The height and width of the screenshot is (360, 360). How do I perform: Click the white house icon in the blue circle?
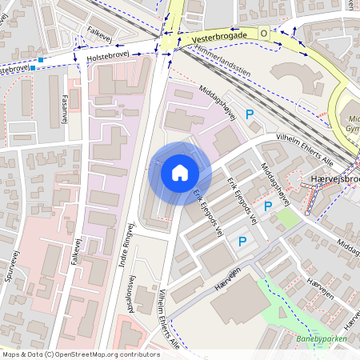point(179,173)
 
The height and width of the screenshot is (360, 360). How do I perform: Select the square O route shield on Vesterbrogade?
point(263,33)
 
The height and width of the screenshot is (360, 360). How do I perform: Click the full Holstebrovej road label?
point(108,57)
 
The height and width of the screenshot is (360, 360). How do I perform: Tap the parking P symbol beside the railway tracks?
point(250,116)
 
